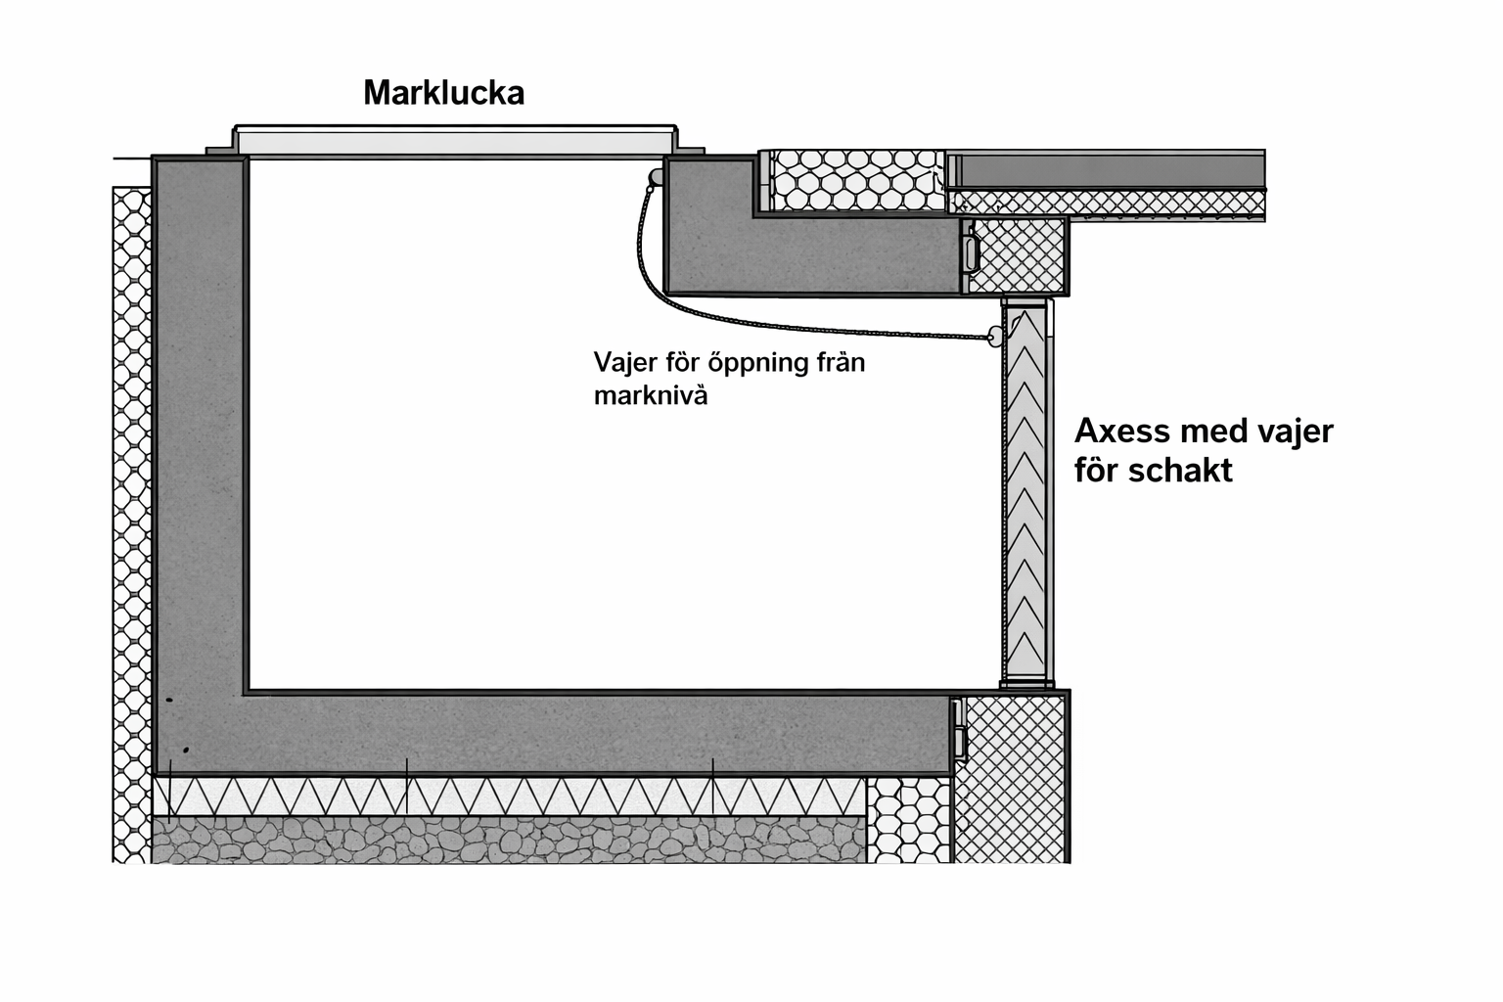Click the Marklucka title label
(443, 93)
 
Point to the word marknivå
(650, 396)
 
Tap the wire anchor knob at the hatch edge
(655, 177)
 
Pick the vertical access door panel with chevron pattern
(1025, 489)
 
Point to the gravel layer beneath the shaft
(509, 840)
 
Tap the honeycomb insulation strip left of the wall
(132, 519)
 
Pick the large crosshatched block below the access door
(1010, 778)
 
